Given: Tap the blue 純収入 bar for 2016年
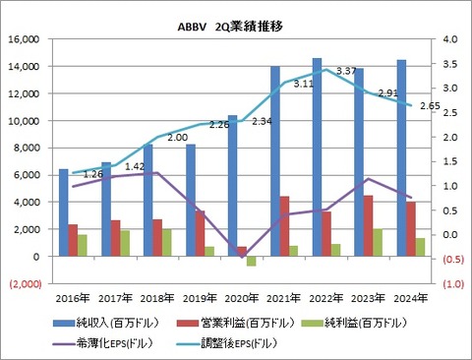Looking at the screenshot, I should tap(64, 212).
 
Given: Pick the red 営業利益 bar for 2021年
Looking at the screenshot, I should tap(284, 226).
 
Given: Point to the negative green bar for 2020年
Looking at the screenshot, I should tap(251, 261).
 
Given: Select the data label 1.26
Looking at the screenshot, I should tap(93, 175).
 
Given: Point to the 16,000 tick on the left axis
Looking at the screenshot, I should tap(24, 39).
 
